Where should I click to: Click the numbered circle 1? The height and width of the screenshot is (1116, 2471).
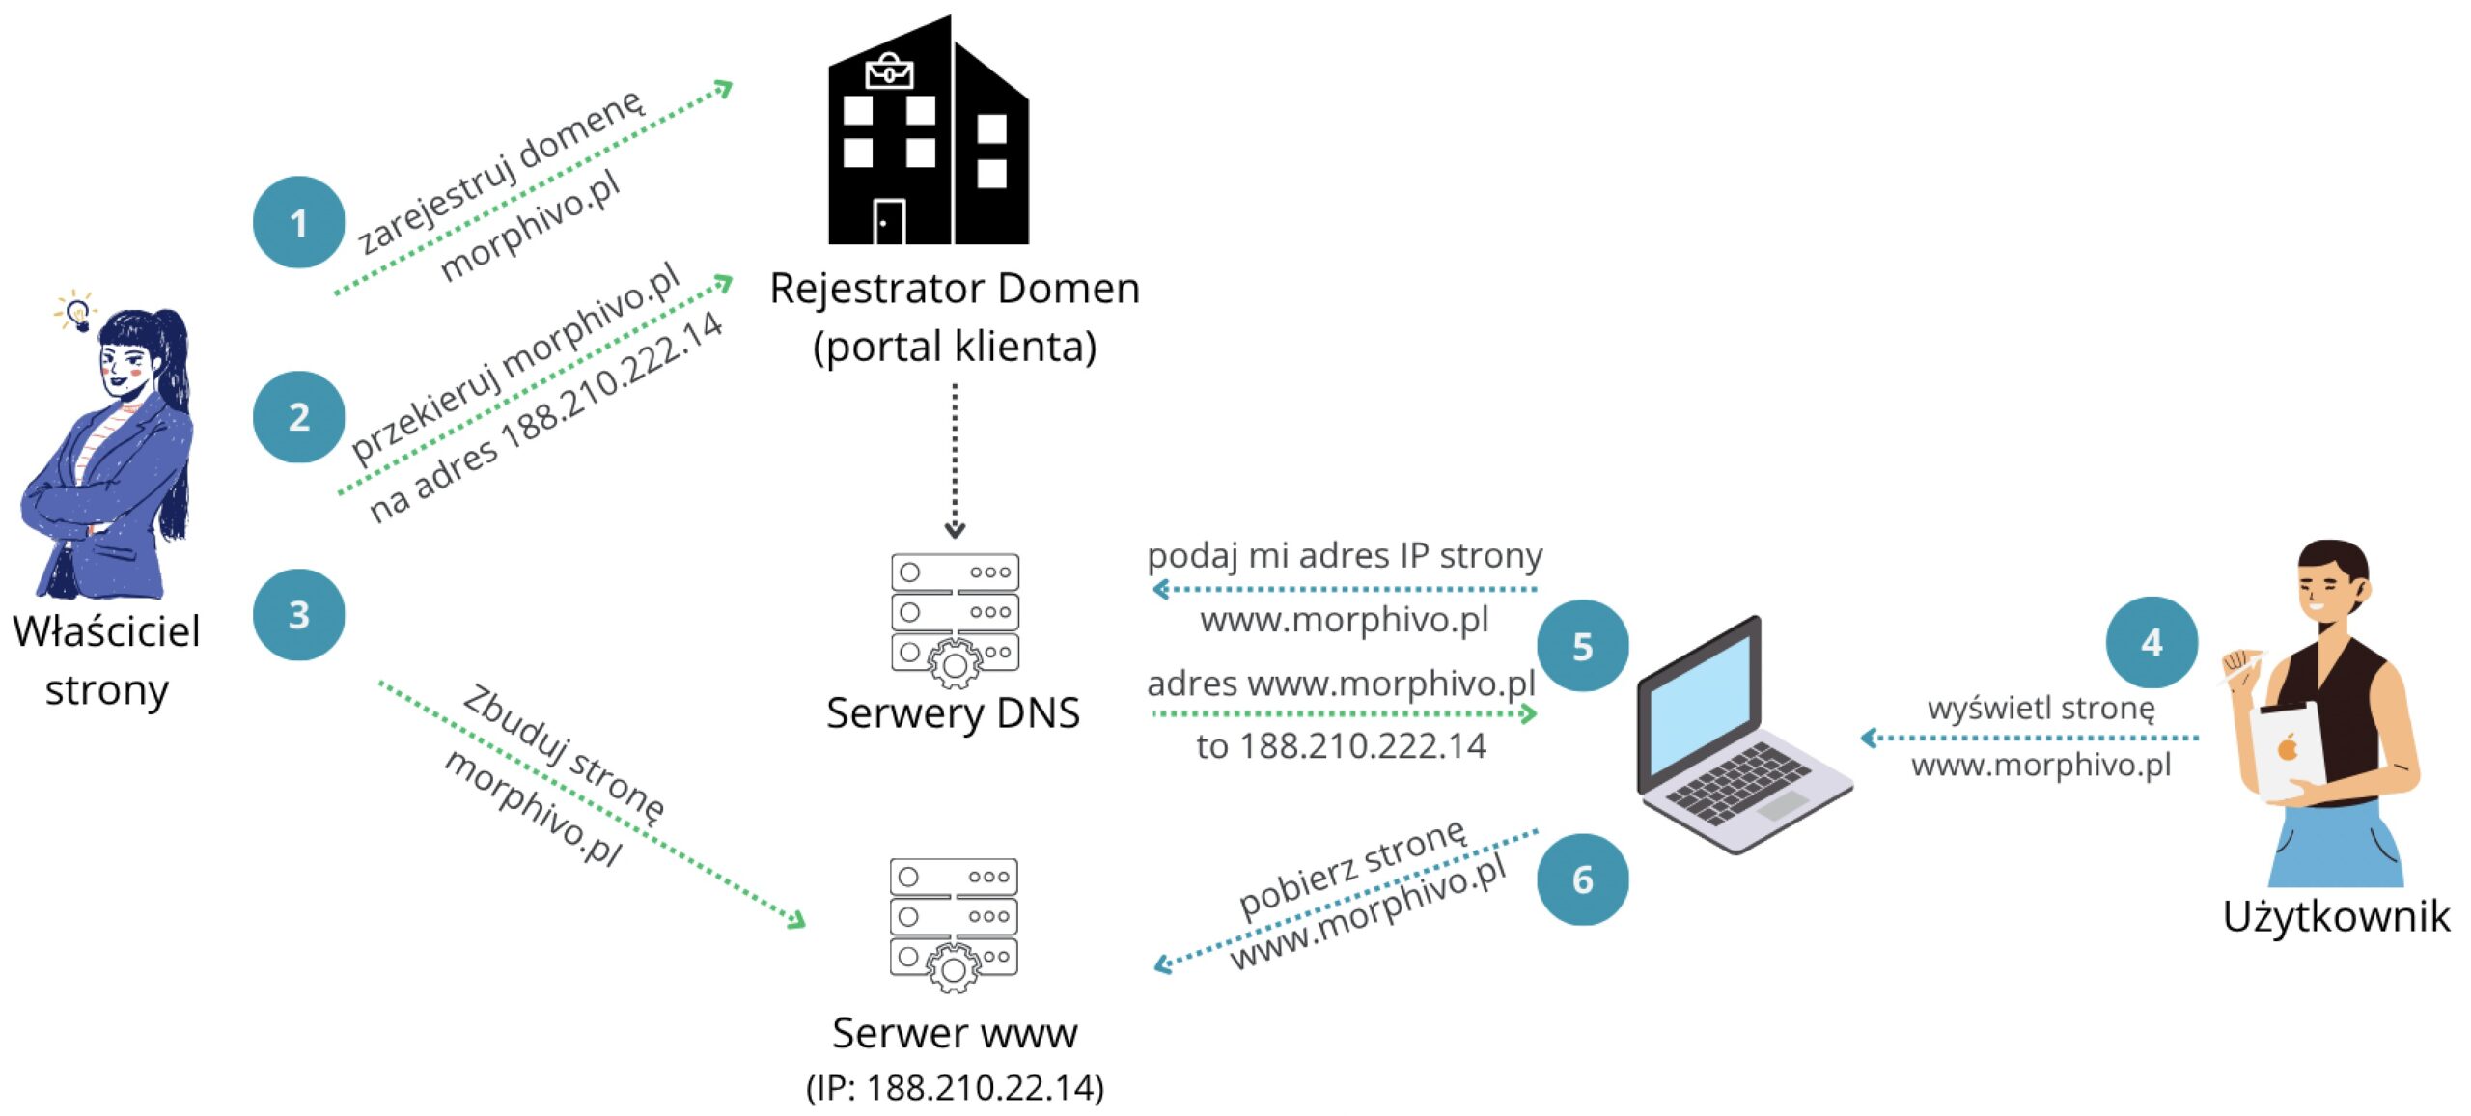tap(299, 222)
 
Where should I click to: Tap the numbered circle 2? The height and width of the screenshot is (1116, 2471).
tap(299, 417)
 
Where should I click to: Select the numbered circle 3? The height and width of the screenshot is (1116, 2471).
tap(299, 615)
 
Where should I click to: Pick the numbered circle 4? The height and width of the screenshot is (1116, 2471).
tap(2152, 643)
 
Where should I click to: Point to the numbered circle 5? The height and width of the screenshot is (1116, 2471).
tap(1582, 646)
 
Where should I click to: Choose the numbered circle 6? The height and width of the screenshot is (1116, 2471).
tap(1582, 879)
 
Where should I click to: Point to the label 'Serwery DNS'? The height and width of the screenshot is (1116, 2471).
tap(953, 713)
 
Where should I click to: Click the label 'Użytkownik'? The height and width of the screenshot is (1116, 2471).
tap(2336, 916)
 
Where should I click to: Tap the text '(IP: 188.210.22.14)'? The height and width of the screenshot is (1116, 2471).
tap(955, 1088)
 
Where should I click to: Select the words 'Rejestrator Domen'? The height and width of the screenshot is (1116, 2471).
tap(955, 289)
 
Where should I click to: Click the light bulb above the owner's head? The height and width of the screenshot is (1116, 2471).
tap(77, 313)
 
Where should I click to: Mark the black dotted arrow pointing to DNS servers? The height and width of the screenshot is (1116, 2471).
tap(955, 460)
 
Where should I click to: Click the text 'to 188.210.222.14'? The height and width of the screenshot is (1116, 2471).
tap(1341, 746)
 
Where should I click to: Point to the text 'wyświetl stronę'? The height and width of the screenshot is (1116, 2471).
tap(2041, 708)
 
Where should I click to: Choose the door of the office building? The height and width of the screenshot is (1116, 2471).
tap(889, 222)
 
